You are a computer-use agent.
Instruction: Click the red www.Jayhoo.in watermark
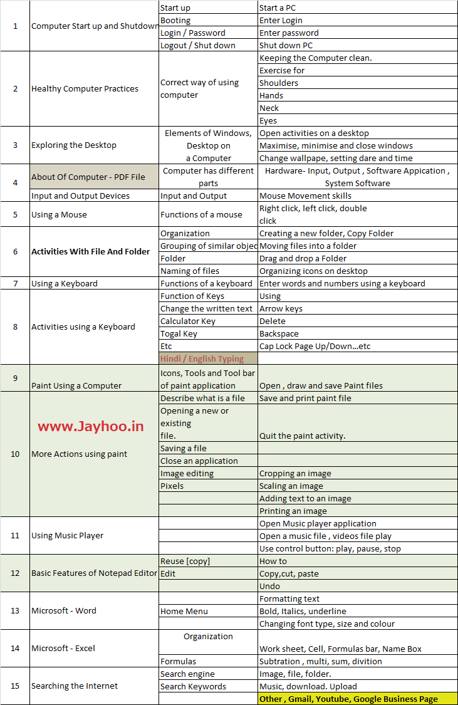(x=91, y=427)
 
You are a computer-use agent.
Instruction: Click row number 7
(x=15, y=283)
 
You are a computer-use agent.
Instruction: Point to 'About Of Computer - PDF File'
(x=88, y=177)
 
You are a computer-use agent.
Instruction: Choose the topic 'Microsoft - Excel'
(x=63, y=648)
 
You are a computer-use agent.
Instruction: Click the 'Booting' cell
(x=175, y=20)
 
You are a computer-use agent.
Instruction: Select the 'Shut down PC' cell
(x=286, y=45)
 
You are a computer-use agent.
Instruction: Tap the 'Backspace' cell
(x=279, y=333)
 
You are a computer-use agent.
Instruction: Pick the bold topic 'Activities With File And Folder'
(x=91, y=251)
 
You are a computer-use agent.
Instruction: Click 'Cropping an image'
(x=295, y=473)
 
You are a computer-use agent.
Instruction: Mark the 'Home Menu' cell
(x=184, y=611)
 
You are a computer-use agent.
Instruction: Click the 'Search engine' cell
(x=187, y=674)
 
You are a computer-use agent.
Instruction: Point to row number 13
(x=15, y=610)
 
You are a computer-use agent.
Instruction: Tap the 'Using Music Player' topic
(x=68, y=535)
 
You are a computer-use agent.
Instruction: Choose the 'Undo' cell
(x=269, y=586)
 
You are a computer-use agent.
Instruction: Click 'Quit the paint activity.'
(x=303, y=436)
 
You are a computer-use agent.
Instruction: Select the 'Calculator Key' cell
(x=188, y=321)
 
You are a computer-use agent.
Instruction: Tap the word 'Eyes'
(x=268, y=120)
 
